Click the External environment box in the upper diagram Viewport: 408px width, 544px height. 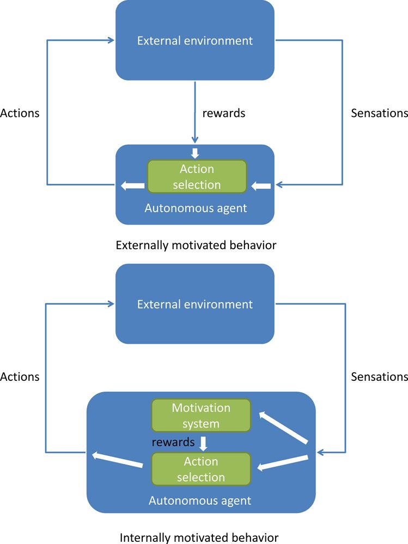click(194, 40)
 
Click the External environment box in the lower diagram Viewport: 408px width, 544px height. click(194, 304)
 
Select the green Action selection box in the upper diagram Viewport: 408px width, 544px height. click(197, 177)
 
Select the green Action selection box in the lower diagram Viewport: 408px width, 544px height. click(200, 469)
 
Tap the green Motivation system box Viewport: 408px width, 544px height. click(200, 415)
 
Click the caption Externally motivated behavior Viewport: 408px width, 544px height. click(196, 245)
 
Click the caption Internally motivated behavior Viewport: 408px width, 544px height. click(199, 538)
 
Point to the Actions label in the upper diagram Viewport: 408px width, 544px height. click(20, 113)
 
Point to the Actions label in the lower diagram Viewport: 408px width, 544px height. click(20, 376)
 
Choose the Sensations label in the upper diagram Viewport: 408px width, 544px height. click(379, 113)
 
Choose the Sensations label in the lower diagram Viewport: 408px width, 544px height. click(379, 376)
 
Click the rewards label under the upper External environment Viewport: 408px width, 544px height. click(224, 113)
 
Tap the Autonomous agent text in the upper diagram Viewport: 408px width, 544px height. click(196, 207)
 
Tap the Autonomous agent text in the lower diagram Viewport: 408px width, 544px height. click(200, 500)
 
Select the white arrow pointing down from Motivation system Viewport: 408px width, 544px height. click(203, 443)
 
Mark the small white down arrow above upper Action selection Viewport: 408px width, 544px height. click(195, 153)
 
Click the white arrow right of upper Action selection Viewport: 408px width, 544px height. click(261, 186)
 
